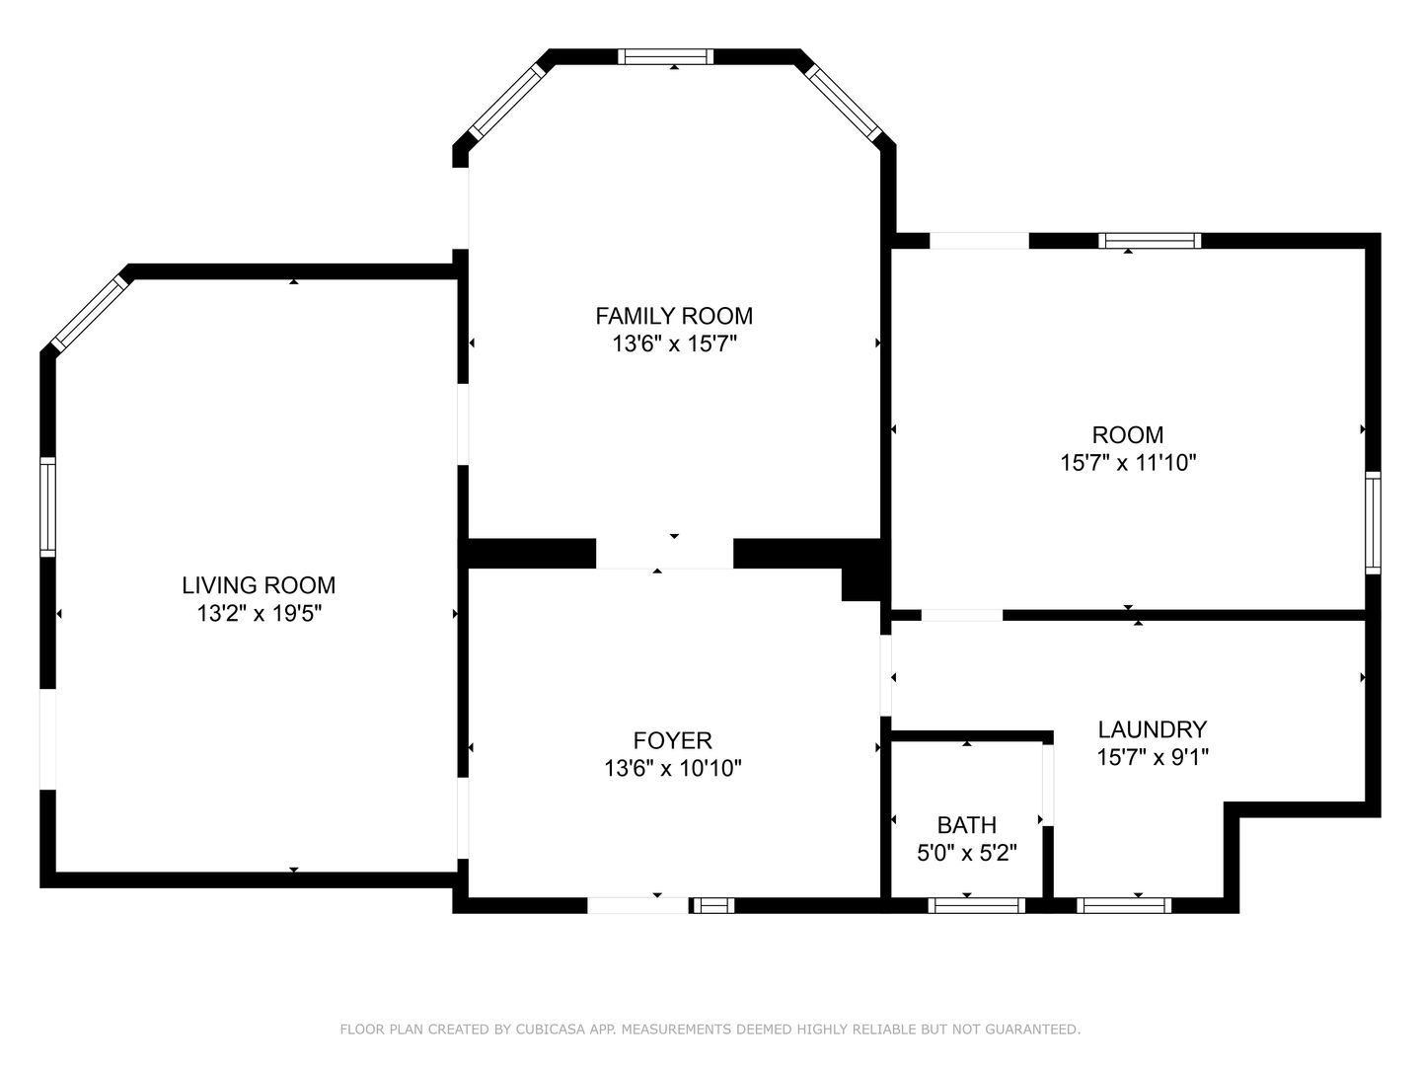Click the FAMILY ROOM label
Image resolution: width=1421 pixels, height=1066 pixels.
click(x=674, y=316)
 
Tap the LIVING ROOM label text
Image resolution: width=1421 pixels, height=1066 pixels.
click(x=259, y=585)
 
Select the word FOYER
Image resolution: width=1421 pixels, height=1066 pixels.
click(x=673, y=740)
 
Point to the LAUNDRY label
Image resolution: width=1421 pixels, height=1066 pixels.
click(x=1153, y=729)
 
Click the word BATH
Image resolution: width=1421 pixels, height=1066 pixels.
click(x=966, y=824)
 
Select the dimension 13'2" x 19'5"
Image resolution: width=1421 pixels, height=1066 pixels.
click(x=259, y=613)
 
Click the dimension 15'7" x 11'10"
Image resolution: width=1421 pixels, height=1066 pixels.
click(x=1128, y=463)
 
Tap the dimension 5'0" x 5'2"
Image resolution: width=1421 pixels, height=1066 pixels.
click(x=966, y=853)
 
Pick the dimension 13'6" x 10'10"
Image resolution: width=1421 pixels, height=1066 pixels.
click(x=673, y=768)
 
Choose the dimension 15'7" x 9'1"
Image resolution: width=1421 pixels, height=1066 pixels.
click(x=1153, y=757)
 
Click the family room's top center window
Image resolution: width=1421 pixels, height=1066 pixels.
click(x=665, y=56)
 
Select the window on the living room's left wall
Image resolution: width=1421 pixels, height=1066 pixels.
click(x=48, y=506)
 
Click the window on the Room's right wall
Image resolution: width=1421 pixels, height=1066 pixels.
click(x=1373, y=523)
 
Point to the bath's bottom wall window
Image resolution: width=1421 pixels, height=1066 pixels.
click(x=976, y=905)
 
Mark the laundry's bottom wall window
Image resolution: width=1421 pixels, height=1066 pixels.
click(x=1125, y=905)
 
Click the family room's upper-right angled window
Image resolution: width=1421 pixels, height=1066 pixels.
click(x=844, y=104)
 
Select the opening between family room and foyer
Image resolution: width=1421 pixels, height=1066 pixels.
click(x=664, y=554)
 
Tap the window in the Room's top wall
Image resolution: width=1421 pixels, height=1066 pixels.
click(x=1150, y=241)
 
